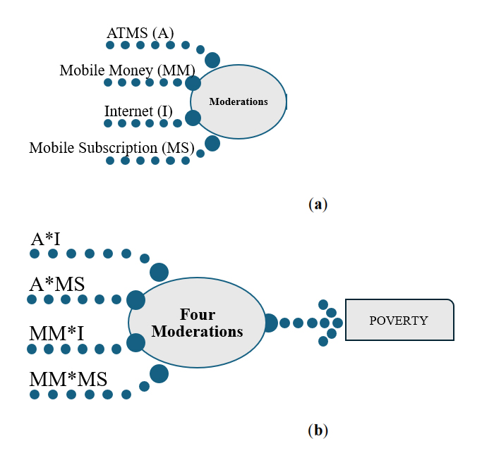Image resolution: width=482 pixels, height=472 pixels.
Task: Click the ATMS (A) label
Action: coord(140,32)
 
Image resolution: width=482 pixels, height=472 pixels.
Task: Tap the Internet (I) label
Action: coord(137,111)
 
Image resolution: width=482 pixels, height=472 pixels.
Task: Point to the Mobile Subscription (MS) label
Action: coord(112,148)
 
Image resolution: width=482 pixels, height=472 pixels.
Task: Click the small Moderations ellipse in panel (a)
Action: coord(239,102)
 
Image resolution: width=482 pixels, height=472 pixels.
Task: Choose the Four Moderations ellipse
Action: coord(198,323)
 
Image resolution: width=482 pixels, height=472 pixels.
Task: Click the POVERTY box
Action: coord(399,321)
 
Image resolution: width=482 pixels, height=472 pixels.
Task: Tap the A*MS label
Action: coord(57,284)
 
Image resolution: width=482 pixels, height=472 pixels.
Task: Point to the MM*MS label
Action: coord(68,379)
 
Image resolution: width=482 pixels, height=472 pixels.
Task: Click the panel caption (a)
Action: coord(318,204)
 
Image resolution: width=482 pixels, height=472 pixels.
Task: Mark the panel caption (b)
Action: coord(318,430)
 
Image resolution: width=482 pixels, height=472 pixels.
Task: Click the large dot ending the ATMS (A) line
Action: coord(212,60)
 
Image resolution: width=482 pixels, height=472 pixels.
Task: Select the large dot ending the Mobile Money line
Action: coord(193,83)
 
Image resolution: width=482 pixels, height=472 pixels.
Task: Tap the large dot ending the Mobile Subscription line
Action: coord(212,144)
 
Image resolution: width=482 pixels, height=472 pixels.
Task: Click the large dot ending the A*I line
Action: coord(159,272)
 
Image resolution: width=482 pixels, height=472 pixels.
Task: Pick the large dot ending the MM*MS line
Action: coord(159,373)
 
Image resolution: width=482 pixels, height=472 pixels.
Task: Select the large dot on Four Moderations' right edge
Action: coord(269,323)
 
